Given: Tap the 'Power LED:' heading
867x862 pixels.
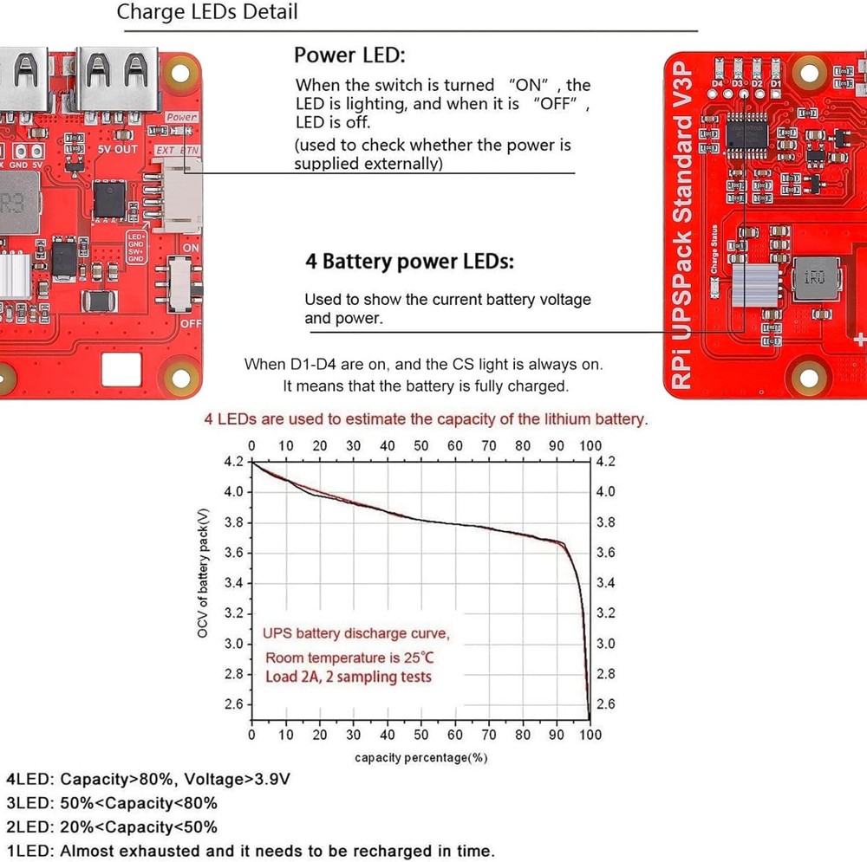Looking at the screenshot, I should pyautogui.click(x=349, y=55).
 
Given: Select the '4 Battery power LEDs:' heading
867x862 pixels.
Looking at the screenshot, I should pyautogui.click(x=409, y=261).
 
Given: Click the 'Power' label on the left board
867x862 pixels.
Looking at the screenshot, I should pyautogui.click(x=182, y=117).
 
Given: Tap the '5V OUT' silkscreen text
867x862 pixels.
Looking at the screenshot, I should pyautogui.click(x=117, y=149).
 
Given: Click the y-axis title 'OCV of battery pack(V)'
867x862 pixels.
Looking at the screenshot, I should pyautogui.click(x=202, y=574).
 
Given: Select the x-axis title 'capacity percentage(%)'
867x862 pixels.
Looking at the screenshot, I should pyautogui.click(x=420, y=757).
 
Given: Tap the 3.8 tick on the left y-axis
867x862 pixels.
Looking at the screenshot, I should pyautogui.click(x=234, y=522).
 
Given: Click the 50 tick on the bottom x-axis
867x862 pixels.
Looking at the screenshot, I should pyautogui.click(x=420, y=736).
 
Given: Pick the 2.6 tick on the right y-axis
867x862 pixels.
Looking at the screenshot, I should pyautogui.click(x=605, y=704).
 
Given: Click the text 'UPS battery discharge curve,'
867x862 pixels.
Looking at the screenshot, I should pyautogui.click(x=355, y=633).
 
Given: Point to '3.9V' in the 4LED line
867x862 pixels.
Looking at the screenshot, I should pyautogui.click(x=271, y=779).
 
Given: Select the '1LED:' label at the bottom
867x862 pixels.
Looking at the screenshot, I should pyautogui.click(x=29, y=851).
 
